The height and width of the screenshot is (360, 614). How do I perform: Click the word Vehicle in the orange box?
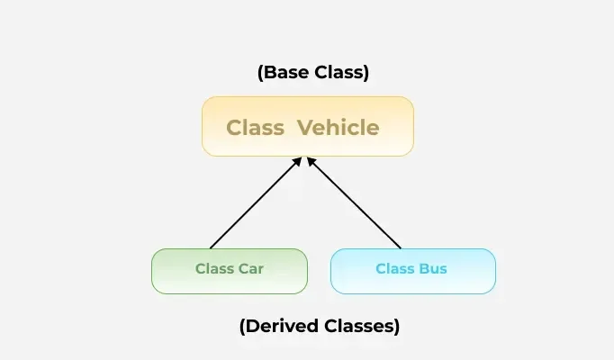(x=338, y=128)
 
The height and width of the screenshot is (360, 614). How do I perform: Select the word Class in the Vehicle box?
(x=256, y=128)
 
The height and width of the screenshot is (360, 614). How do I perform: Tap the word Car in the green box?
(x=251, y=269)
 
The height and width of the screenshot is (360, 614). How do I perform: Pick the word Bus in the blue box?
(x=433, y=269)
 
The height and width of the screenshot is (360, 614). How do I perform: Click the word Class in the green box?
(x=215, y=269)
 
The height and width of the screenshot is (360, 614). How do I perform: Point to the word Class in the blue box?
(x=395, y=269)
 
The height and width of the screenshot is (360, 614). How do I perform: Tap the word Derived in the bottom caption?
(x=282, y=326)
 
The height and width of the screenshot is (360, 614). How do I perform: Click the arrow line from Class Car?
(x=256, y=202)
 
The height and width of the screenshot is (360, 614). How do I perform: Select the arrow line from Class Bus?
(x=354, y=202)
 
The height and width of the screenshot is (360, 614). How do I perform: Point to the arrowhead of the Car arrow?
(x=298, y=161)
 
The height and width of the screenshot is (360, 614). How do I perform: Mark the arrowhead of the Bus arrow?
(x=311, y=161)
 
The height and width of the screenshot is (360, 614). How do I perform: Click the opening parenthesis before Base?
(x=260, y=73)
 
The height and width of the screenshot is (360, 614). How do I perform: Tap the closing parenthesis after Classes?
(x=397, y=327)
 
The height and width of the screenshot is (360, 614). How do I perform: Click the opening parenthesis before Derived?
(x=242, y=327)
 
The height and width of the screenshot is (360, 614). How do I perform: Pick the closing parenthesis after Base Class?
(x=366, y=73)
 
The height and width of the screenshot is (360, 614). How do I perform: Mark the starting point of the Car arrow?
(x=211, y=248)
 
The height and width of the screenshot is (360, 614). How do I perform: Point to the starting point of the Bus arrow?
(x=401, y=248)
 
